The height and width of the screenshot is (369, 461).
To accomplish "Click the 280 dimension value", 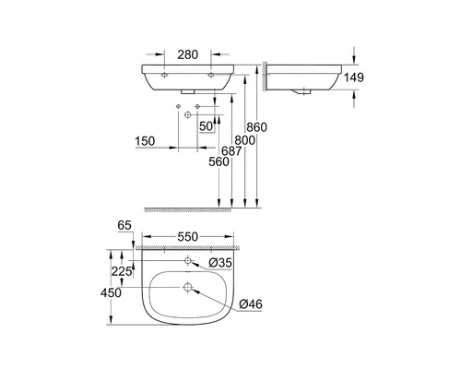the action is (188, 54).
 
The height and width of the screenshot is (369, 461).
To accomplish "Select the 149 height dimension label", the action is (353, 77).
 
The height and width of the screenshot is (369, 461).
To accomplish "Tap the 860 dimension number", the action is (257, 127).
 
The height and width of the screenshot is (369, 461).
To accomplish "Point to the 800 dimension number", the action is (245, 140).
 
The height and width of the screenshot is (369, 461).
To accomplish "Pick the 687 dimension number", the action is (231, 151).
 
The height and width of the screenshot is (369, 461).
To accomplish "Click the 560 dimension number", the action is (219, 161).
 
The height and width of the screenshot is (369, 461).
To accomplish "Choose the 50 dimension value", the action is (207, 126).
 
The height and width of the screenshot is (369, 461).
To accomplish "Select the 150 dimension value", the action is (145, 141).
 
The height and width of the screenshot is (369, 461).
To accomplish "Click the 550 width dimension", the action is (188, 237).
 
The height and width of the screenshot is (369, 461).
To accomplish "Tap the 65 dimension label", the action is (124, 225).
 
